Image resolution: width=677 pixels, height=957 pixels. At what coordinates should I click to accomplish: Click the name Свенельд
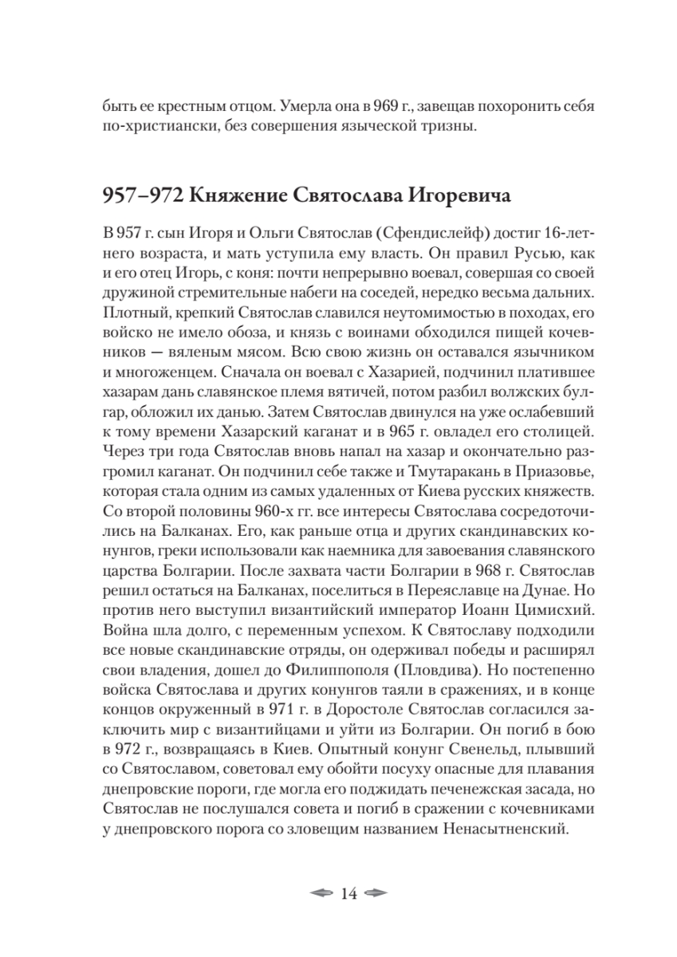click(474, 751)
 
